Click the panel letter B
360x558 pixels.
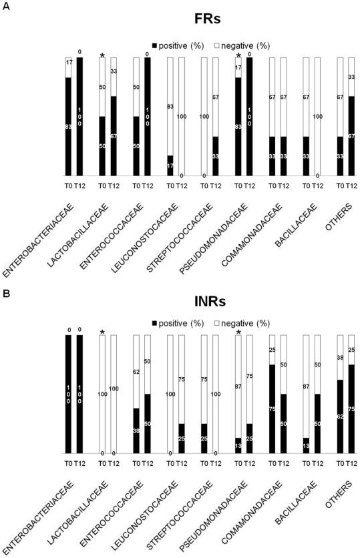coord(5,283)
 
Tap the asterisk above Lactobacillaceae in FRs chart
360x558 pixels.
coord(102,55)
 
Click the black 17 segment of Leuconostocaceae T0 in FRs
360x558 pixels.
coord(170,166)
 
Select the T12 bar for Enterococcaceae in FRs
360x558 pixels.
coord(147,117)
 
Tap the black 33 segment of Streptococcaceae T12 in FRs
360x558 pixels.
coord(215,156)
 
